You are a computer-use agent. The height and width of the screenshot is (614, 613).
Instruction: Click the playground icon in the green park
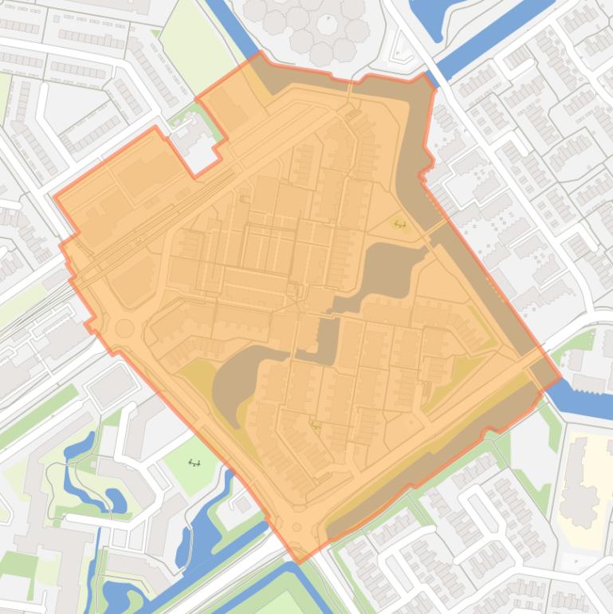click(x=194, y=462)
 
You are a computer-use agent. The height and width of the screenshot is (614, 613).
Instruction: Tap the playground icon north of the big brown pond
click(x=400, y=224)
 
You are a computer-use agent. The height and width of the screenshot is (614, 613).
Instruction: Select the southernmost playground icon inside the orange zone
click(x=316, y=425)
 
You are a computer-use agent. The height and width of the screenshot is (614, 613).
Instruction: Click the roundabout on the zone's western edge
click(x=124, y=328)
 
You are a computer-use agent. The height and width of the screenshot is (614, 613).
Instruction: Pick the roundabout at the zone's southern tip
click(x=297, y=527)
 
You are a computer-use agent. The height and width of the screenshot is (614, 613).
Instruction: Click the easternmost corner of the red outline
click(x=561, y=378)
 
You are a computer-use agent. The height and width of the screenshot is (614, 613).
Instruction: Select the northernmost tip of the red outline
click(x=261, y=53)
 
